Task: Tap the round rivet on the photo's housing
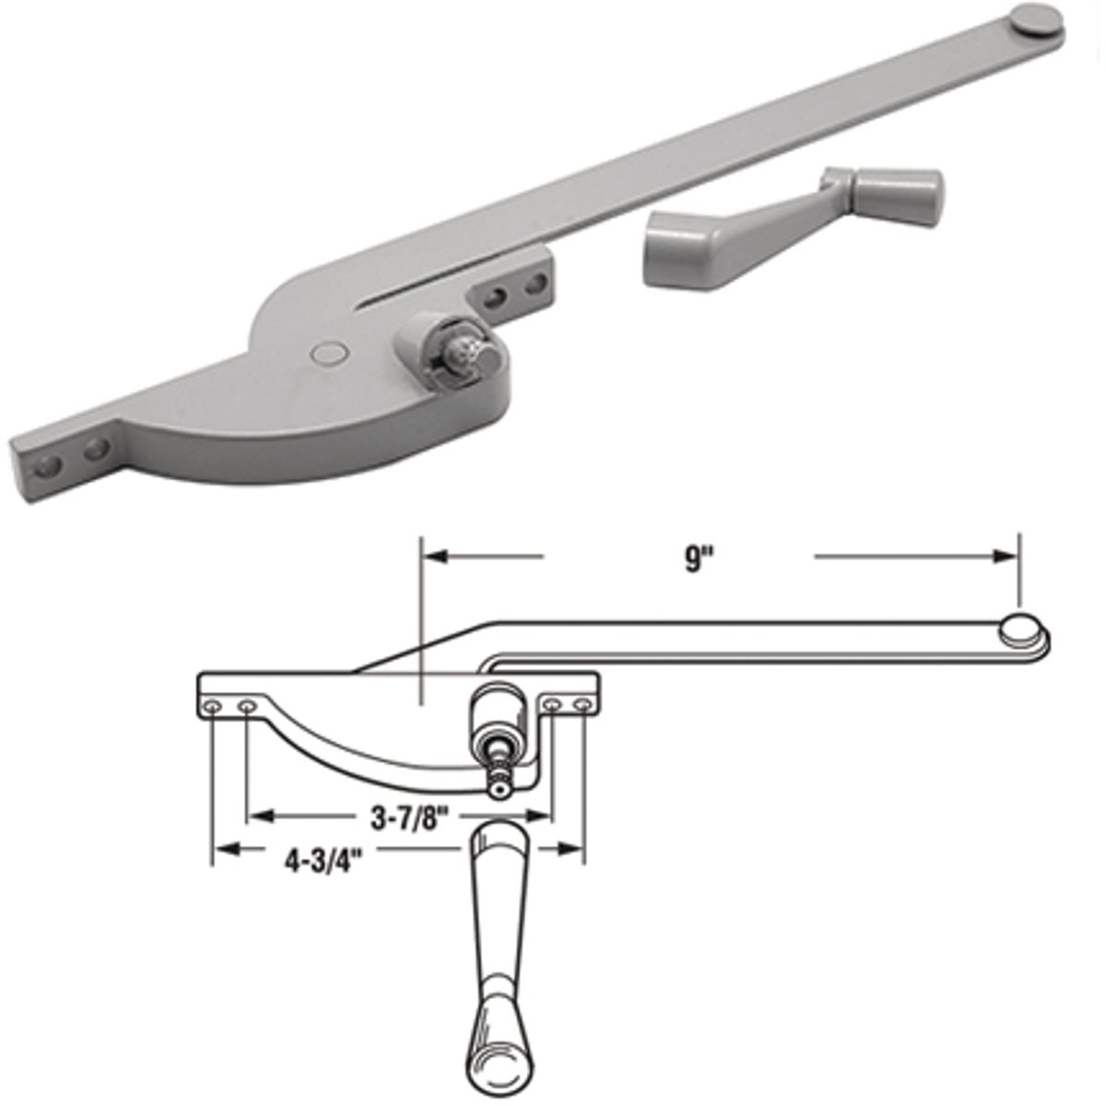click(x=327, y=351)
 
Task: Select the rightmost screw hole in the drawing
click(x=582, y=706)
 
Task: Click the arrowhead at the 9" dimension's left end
click(x=434, y=557)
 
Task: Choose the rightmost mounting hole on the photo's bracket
click(x=532, y=288)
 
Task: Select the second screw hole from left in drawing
click(x=246, y=707)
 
